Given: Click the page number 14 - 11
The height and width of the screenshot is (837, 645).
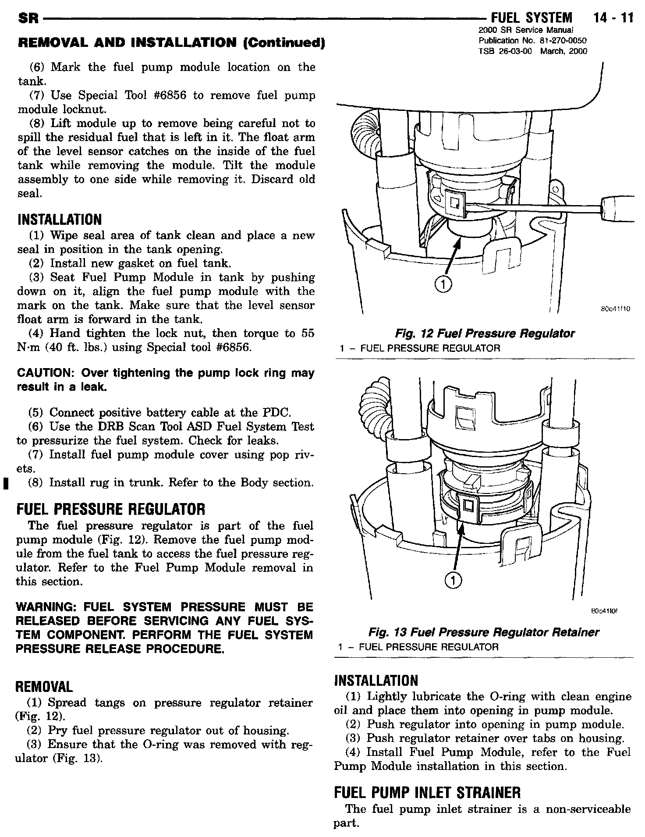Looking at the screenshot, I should (x=613, y=18).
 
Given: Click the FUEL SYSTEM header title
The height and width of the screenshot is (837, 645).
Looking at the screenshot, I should (x=532, y=18).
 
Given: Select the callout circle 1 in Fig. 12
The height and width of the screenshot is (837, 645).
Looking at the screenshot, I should (x=443, y=285).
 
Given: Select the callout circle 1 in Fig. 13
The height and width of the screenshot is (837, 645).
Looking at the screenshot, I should (x=453, y=581).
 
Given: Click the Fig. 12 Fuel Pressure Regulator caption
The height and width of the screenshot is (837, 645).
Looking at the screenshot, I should (x=484, y=333).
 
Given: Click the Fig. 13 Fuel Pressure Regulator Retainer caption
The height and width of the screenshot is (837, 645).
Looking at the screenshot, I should (x=483, y=632).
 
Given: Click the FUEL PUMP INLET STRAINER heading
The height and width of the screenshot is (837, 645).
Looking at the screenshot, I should (x=427, y=792).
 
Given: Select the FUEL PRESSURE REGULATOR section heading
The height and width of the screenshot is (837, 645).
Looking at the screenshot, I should (x=110, y=509).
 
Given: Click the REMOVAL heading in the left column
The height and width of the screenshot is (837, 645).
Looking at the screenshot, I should (x=44, y=686).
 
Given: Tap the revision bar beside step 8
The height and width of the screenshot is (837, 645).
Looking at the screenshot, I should (x=4, y=483).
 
